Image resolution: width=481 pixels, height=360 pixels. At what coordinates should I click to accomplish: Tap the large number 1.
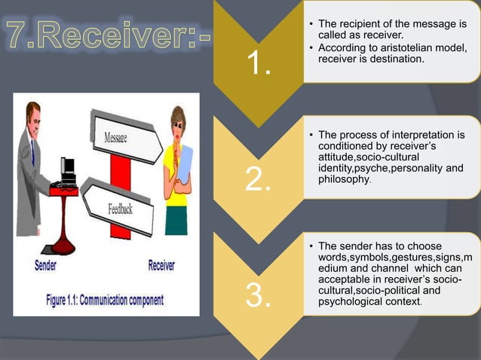[x=258, y=66]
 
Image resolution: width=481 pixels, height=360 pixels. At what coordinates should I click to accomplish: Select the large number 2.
[x=259, y=180]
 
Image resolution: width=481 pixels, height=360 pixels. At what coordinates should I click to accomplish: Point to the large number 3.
[x=259, y=296]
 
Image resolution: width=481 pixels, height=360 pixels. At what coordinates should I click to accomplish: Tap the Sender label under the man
[x=50, y=265]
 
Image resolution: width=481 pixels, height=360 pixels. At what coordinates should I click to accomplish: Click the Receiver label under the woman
[x=167, y=265]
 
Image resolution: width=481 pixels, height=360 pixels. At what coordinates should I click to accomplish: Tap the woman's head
[x=178, y=121]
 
